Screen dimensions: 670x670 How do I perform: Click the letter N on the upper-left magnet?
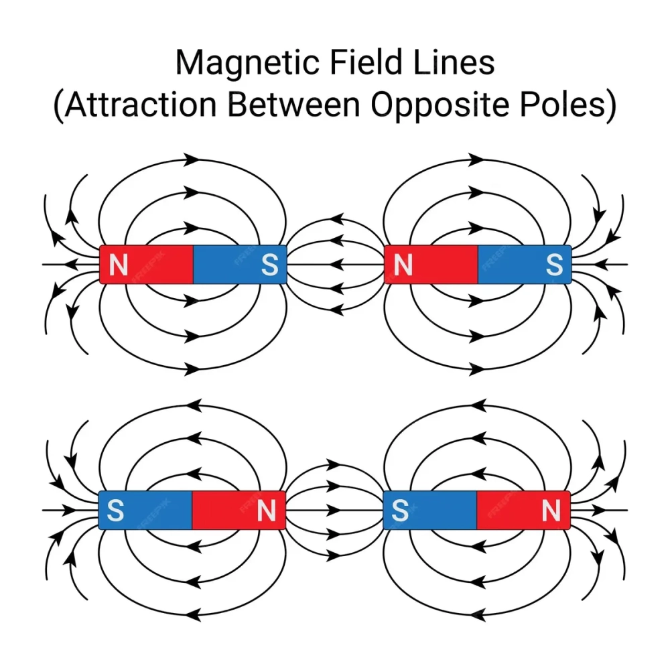pos(119,265)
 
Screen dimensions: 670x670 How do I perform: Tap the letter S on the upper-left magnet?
pos(269,265)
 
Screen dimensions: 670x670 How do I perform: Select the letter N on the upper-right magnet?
pos(403,265)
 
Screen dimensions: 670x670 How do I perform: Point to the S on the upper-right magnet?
pos(554,265)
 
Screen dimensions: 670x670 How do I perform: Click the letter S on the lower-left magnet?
pos(115,511)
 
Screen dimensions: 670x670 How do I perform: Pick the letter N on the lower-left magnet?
pos(267,511)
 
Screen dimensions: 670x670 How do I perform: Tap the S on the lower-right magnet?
pos(400,511)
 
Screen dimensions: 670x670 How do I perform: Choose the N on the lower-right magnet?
pos(551,511)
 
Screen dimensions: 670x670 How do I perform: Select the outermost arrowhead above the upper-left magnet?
pos(192,159)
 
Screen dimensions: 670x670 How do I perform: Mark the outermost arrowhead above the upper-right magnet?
pos(477,159)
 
